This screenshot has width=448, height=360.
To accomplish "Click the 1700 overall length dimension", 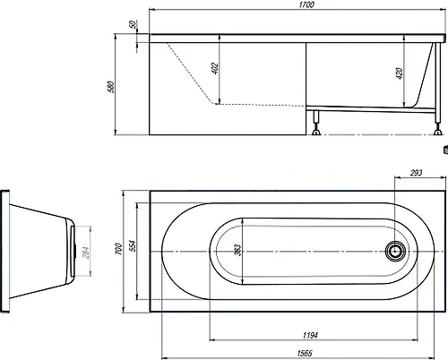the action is coord(306,5).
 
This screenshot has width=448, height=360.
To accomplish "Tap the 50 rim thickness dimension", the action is coord(134,24).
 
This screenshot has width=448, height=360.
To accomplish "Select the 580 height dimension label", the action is coord(111,87).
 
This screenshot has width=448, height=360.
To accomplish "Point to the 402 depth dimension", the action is coord(215,68).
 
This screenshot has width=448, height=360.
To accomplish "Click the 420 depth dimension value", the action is coord(400,73).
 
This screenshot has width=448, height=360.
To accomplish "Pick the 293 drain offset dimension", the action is coord(416,173).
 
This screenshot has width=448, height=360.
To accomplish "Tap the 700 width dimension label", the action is coord(119,249).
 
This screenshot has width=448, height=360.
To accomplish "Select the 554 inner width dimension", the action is coord(133,246).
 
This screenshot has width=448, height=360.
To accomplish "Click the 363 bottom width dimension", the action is coord(237,250).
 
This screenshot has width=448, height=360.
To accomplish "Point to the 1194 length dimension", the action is coord(310,336).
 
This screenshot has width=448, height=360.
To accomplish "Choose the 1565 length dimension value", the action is coord(305,354).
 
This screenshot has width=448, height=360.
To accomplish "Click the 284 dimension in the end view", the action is coord(86,253).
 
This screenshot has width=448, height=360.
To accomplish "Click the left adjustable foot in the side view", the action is coord(316,123).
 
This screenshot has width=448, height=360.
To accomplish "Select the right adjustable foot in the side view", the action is coord(438,128).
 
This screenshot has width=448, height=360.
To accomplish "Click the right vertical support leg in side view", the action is coord(437,82).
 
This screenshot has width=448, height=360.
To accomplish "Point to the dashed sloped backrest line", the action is coord(191,73).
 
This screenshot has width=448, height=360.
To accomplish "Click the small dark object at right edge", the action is coord(445,150).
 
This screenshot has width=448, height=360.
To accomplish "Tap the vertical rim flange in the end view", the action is coord(5,252).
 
